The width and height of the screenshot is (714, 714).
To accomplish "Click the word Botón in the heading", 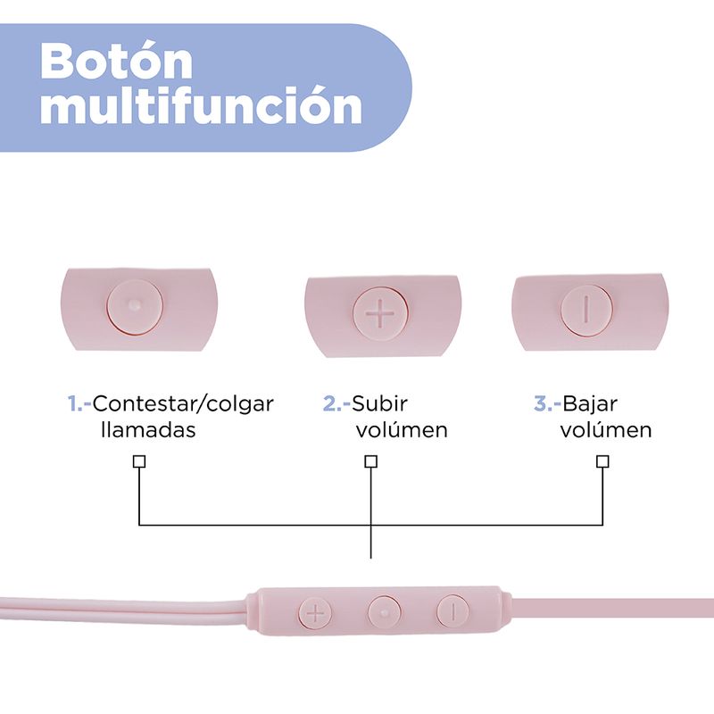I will [117, 60].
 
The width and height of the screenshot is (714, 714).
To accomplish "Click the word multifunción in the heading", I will [202, 107].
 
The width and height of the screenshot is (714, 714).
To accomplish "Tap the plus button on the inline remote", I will [314, 612].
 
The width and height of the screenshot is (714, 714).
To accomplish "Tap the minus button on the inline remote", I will [452, 611].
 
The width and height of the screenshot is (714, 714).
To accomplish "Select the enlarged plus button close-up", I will [381, 314].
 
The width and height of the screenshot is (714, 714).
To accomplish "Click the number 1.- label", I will [79, 403].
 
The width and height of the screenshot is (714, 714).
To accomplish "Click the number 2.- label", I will [336, 403].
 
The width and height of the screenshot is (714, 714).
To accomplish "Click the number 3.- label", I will [547, 403].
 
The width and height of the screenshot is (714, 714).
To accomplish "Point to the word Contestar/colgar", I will [183, 403].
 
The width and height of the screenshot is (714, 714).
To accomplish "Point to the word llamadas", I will [148, 430].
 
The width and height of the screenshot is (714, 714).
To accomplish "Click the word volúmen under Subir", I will [402, 430].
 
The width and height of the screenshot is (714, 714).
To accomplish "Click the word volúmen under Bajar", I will [606, 430].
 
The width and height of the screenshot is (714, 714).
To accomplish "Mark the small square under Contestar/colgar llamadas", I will [138, 461].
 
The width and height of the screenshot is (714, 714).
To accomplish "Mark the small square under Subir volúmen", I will [370, 461].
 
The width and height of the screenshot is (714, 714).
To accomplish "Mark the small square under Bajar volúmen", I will [602, 461].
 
